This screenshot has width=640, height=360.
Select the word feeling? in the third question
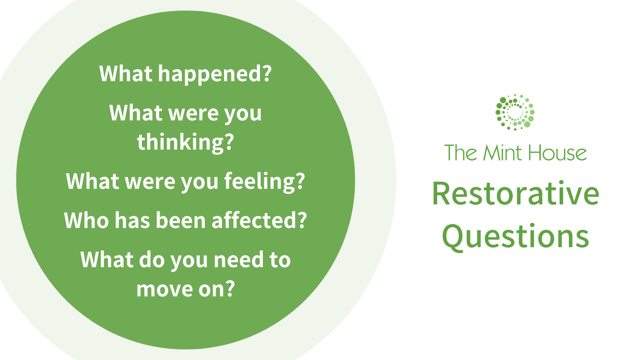(264, 182)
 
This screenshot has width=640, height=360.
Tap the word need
(238, 260)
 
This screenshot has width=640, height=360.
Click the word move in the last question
(159, 289)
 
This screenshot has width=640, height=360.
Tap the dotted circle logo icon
(515, 112)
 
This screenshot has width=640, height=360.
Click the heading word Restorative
(516, 194)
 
